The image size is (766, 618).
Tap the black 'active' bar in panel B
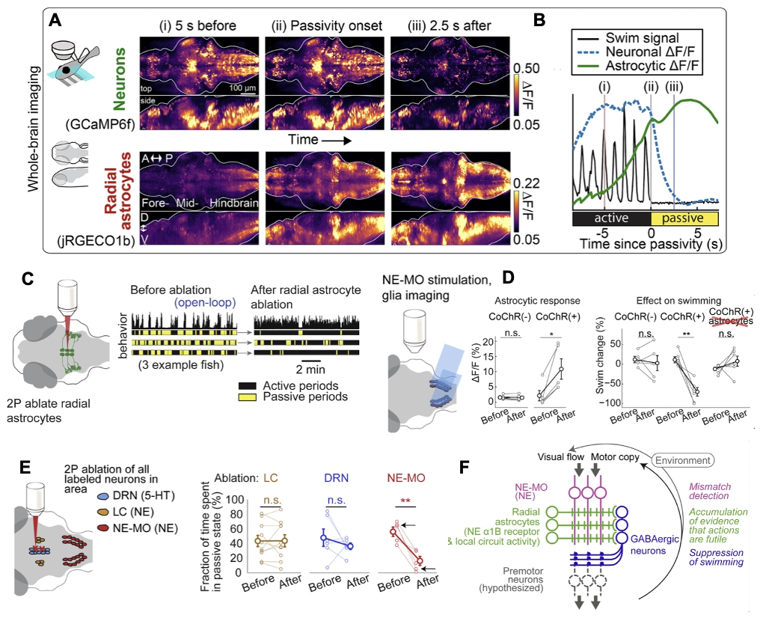[610, 218]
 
